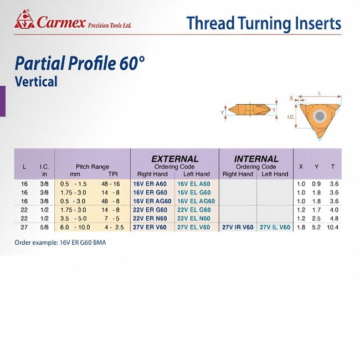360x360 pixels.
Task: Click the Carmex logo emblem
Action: (x=24, y=20)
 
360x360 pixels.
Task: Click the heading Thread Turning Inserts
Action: (x=264, y=23)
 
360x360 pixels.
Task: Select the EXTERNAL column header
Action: (x=174, y=158)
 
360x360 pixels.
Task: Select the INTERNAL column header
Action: (x=256, y=158)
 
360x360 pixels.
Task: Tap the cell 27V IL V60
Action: (x=274, y=227)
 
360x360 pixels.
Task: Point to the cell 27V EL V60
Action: (x=193, y=227)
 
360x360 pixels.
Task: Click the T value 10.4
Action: (x=333, y=227)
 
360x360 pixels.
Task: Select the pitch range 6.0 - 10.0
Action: (x=74, y=227)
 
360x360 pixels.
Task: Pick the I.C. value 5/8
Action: (x=43, y=227)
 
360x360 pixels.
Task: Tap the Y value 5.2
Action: (x=317, y=227)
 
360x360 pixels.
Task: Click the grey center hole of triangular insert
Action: (x=320, y=116)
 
